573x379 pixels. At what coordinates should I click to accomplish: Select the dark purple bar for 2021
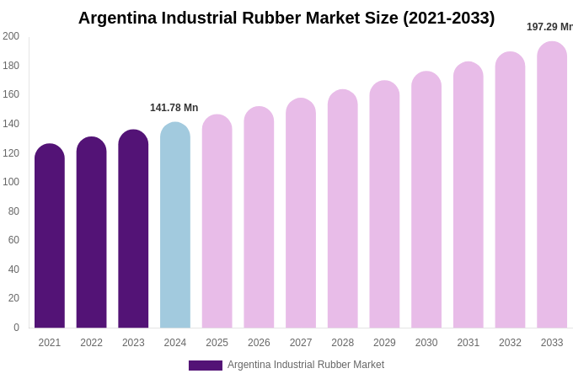[x=50, y=236]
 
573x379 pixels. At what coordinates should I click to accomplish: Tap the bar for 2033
[x=552, y=185]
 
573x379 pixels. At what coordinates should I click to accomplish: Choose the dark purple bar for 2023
[x=133, y=229]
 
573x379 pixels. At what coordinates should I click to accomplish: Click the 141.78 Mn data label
[x=174, y=108]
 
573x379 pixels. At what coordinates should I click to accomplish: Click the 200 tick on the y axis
[x=11, y=36]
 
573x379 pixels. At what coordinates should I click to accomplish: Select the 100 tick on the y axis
[x=11, y=182]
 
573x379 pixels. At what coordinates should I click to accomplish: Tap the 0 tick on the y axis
[x=16, y=328]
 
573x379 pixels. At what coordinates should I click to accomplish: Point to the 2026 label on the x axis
[x=259, y=343]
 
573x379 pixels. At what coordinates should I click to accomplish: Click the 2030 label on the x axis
[x=426, y=343]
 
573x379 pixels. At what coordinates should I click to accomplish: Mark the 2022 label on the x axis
[x=91, y=343]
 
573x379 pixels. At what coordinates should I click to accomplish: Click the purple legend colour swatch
[x=206, y=366]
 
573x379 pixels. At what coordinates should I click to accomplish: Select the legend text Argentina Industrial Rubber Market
[x=306, y=365]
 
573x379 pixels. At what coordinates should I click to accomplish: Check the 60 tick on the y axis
[x=13, y=240]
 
